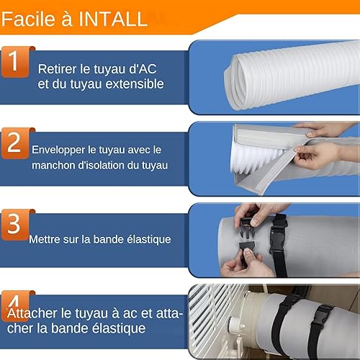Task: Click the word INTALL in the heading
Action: coord(113,19)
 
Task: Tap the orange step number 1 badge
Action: coord(16,62)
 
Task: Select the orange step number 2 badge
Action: coord(16,143)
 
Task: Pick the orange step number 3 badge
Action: coord(16,225)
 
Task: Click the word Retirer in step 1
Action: coord(57,69)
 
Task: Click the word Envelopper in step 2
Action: coord(58,150)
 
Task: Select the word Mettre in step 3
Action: coord(45,240)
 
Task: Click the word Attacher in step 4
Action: coord(32,313)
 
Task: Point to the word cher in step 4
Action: coord(19,328)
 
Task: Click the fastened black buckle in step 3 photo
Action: coord(278,238)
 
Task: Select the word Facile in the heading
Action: coord(28,19)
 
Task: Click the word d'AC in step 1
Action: coord(143,69)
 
